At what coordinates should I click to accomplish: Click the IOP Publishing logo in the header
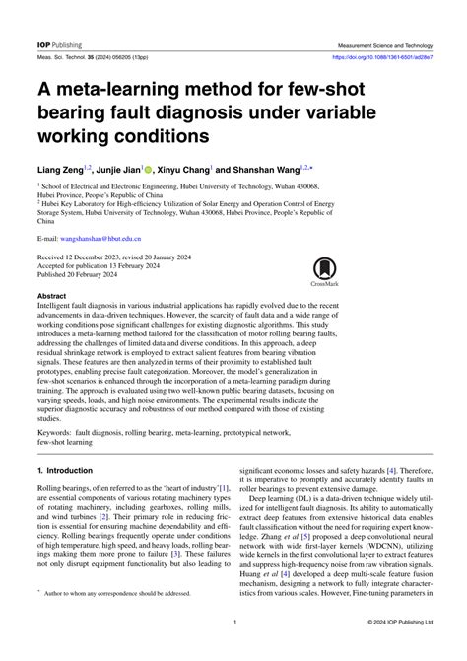[x=58, y=45]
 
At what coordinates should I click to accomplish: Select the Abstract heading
[x=51, y=296]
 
